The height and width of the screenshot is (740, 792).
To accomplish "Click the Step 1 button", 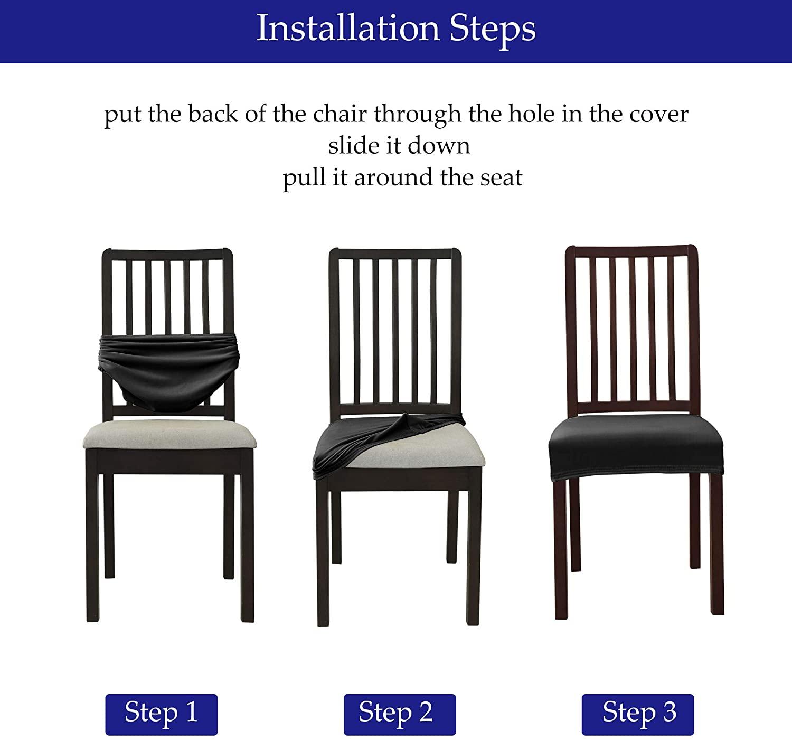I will (x=161, y=714).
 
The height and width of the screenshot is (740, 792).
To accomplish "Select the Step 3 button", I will (x=637, y=714).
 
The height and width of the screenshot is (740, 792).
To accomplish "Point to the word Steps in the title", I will (x=493, y=29).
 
